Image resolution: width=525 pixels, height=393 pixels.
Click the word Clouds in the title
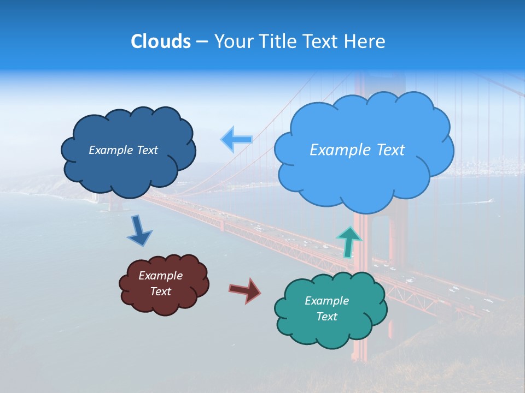(161, 41)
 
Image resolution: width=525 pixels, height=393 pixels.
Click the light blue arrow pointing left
(236, 139)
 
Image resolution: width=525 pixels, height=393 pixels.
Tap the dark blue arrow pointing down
(139, 231)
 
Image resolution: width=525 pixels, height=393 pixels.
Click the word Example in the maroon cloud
(160, 276)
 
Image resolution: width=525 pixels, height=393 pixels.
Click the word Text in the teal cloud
(326, 317)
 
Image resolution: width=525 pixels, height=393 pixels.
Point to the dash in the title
(202, 42)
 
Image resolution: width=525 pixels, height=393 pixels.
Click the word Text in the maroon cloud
(160, 291)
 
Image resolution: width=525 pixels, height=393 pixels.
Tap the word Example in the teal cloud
(326, 301)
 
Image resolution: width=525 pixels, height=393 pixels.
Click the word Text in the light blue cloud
(390, 150)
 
